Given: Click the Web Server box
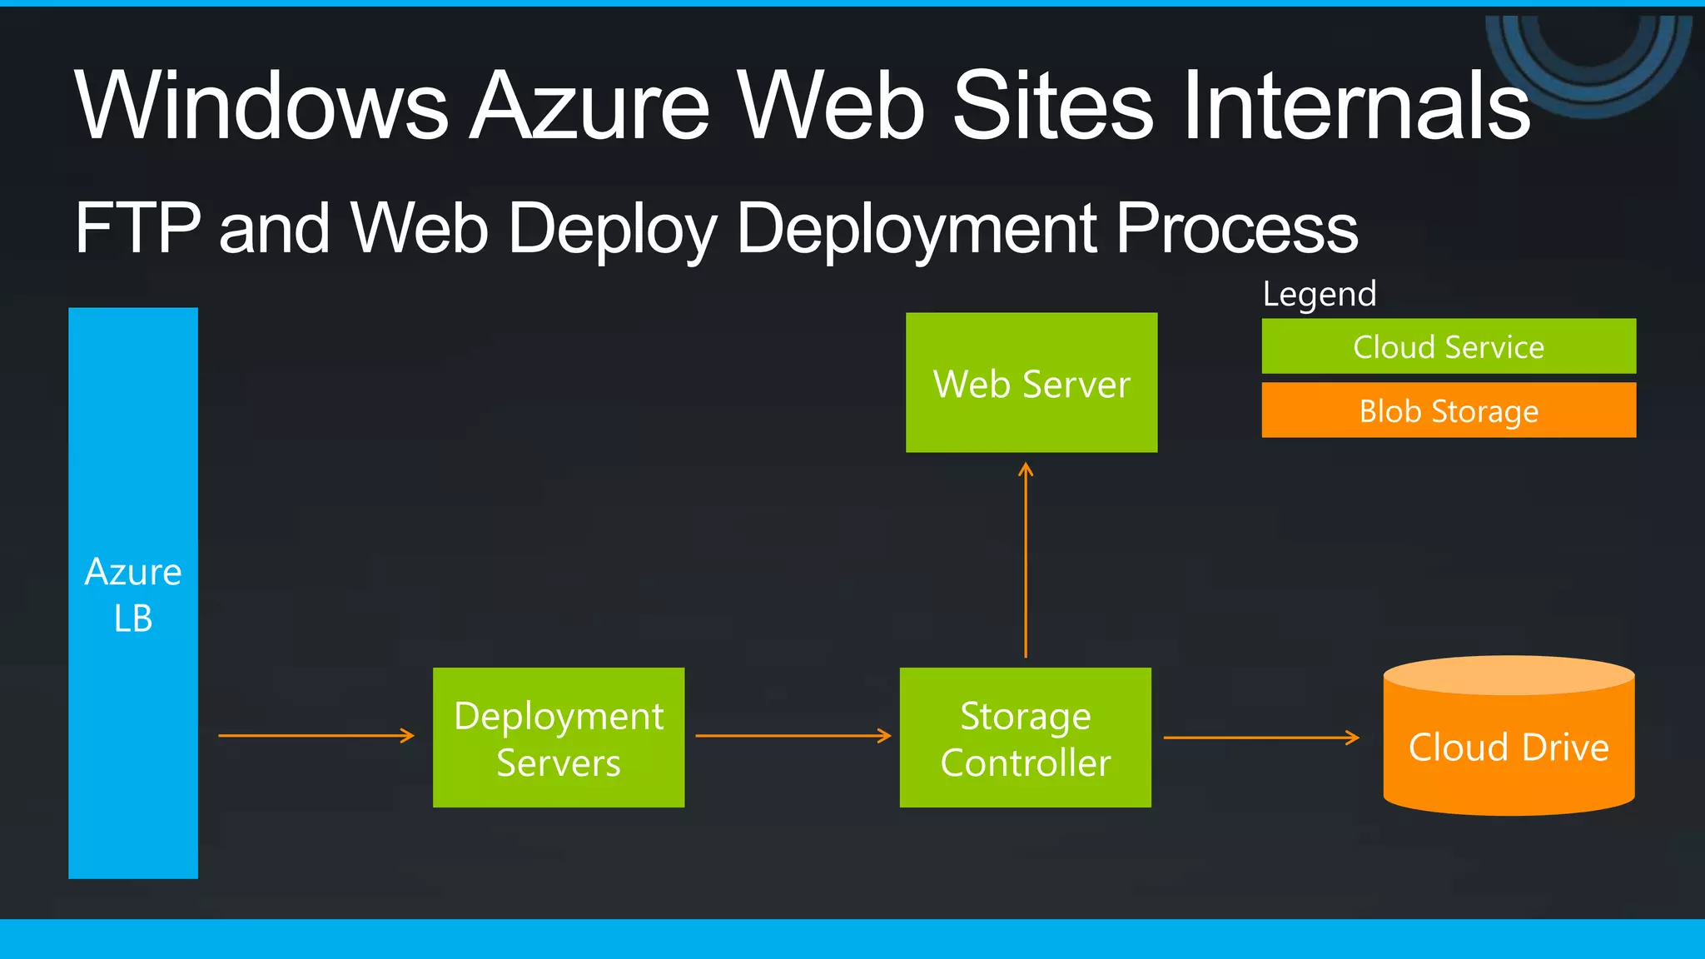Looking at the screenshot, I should coord(1031,383).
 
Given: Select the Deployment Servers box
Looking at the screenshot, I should coord(559,738).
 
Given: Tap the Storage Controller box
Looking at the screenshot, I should coord(1026,738).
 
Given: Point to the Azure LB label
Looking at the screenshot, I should coord(133,594).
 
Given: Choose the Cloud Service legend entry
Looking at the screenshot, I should coord(1449,346).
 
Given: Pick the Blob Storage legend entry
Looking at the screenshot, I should coord(1449,410).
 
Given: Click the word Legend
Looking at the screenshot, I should coord(1320,294).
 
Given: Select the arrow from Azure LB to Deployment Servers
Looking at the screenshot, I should coord(316,736).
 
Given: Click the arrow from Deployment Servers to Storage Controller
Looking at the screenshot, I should coord(793,736).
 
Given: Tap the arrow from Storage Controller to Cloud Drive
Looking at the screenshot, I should coord(1260,738).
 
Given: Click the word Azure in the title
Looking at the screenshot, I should coord(591,106).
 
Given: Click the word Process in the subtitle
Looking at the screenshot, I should coord(1236,229).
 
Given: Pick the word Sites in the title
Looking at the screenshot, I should coord(1053,106).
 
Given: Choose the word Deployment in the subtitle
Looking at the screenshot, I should coord(916,229).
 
